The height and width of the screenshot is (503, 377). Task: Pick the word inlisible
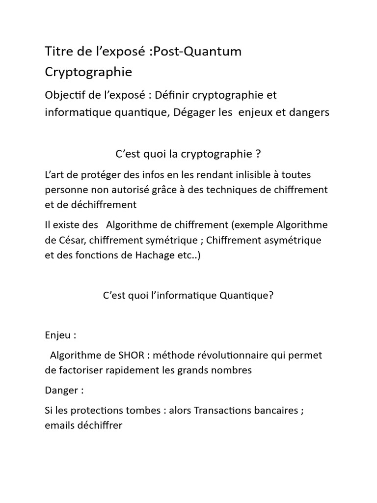pyautogui.click(x=237, y=174)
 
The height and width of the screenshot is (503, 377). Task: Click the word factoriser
pyautogui.click(x=79, y=370)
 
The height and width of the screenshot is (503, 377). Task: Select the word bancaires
pyautogui.click(x=276, y=411)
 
